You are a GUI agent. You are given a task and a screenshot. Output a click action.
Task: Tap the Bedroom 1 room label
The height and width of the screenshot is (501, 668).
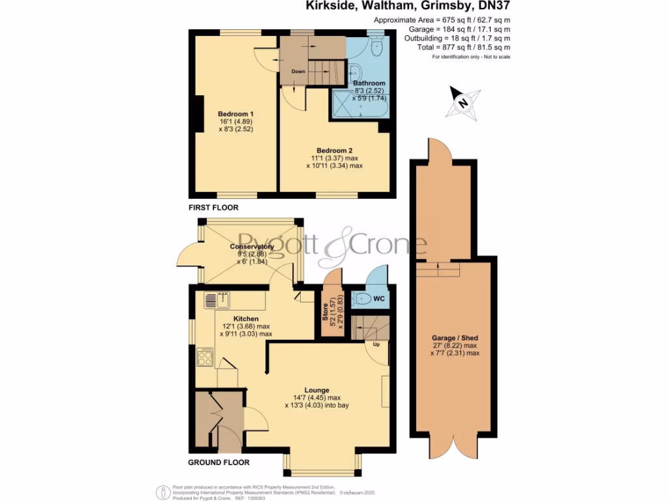click(235, 114)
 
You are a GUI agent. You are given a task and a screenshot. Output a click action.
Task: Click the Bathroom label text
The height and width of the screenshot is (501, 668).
click(369, 83)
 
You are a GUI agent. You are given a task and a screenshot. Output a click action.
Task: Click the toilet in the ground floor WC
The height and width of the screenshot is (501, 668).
click(362, 299)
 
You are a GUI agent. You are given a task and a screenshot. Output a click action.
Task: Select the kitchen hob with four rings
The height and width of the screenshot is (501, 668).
click(205, 356)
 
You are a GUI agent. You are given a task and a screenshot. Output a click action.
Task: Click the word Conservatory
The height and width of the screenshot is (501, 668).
click(251, 247)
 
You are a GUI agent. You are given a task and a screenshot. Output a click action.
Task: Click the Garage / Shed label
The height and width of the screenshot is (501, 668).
click(455, 337)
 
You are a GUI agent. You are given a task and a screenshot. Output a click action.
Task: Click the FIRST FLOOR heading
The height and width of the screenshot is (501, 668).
click(213, 207)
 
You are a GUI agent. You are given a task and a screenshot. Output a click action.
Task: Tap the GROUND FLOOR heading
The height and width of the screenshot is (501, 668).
click(219, 463)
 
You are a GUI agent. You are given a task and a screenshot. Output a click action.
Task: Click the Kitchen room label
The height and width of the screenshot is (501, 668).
click(237, 318)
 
